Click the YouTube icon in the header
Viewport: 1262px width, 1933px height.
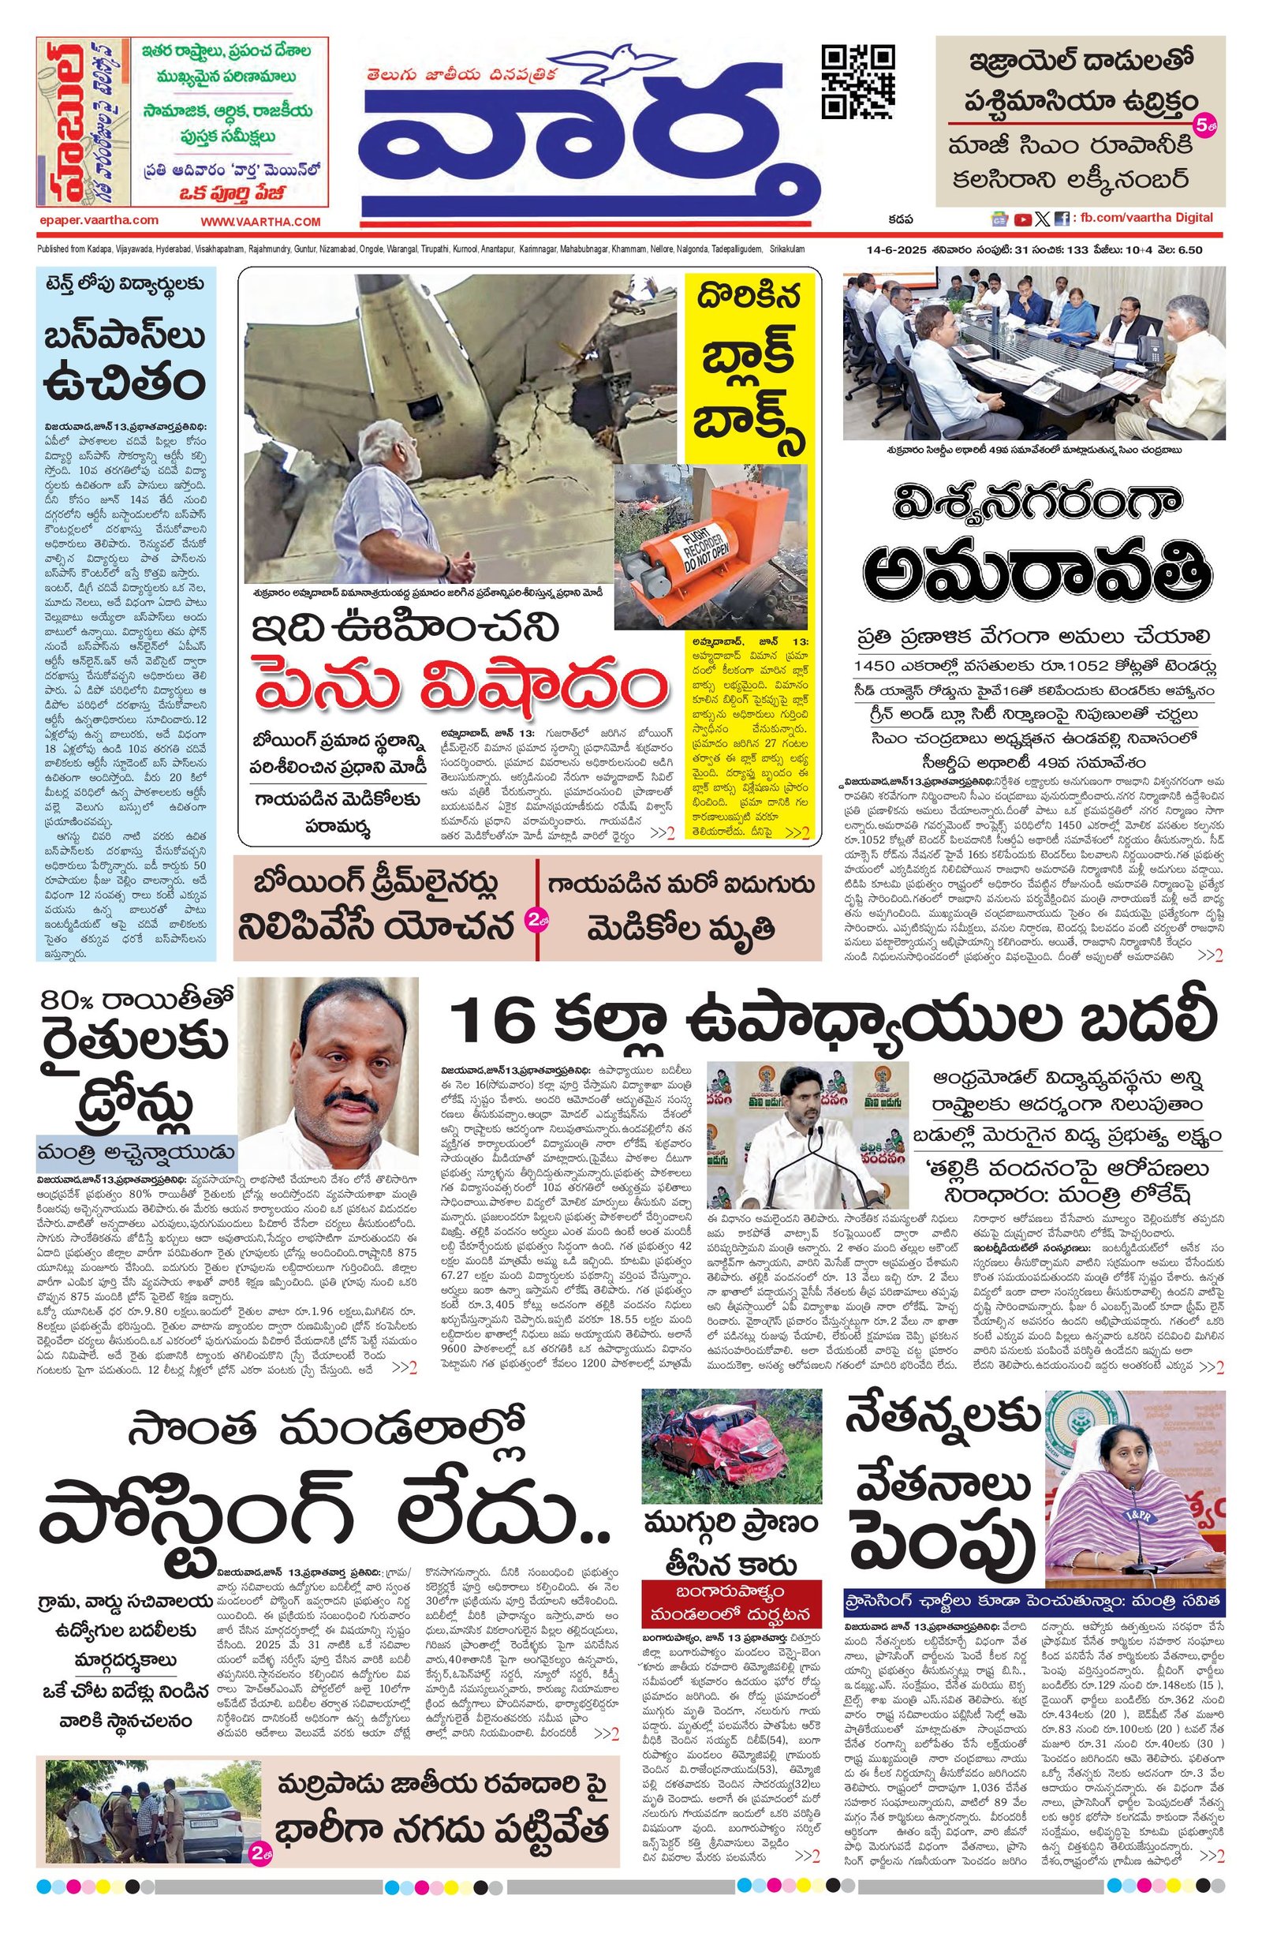click(x=1021, y=219)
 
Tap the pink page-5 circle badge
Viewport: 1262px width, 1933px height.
click(x=1203, y=125)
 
